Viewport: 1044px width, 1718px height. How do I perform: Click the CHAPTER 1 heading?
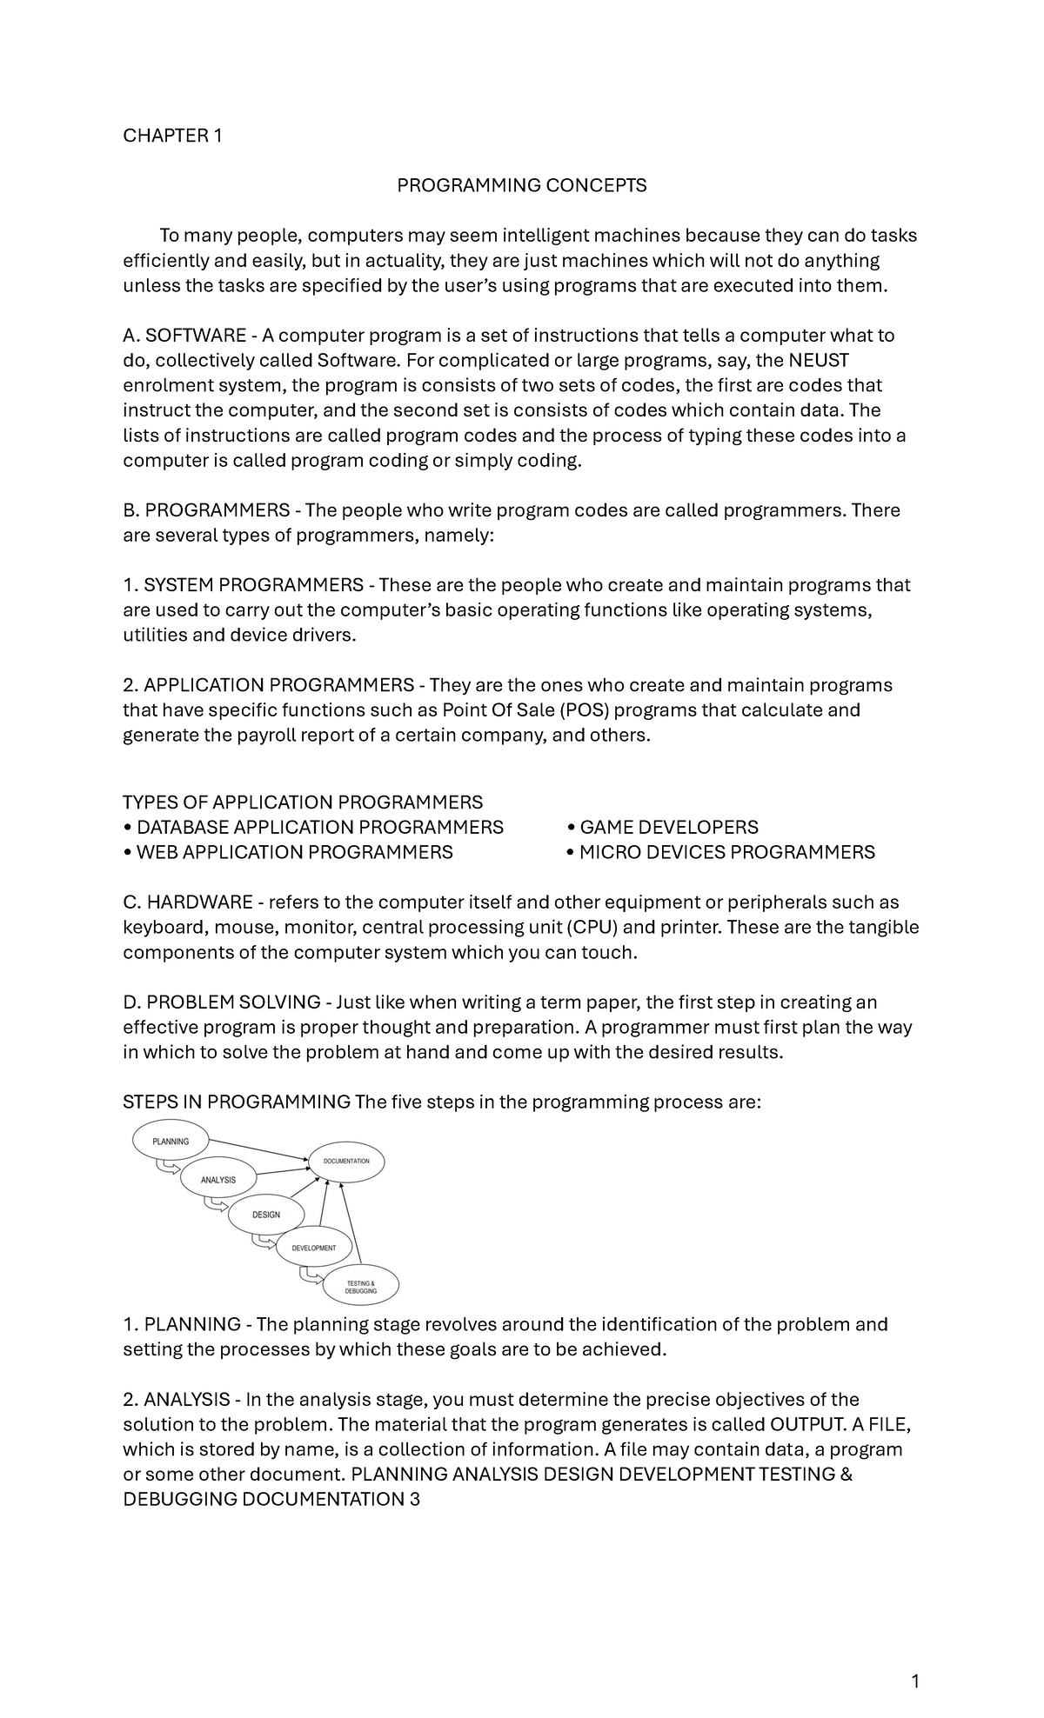[x=172, y=136]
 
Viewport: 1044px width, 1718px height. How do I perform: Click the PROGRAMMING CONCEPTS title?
[x=521, y=185]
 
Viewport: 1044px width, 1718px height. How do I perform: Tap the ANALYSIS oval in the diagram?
[x=218, y=1179]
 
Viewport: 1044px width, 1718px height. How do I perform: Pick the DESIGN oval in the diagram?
[x=266, y=1214]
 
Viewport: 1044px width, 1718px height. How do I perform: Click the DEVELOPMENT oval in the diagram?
[x=314, y=1248]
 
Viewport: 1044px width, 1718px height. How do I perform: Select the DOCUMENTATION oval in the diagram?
[x=346, y=1161]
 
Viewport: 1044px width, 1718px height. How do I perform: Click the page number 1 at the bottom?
[x=914, y=1681]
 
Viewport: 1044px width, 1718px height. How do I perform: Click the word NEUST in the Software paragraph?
[x=818, y=360]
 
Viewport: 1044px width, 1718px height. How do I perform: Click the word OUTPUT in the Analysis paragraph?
[x=806, y=1424]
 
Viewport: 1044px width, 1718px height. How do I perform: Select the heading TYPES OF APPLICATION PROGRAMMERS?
[x=303, y=802]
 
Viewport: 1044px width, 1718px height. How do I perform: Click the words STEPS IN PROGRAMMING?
[x=237, y=1102]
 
